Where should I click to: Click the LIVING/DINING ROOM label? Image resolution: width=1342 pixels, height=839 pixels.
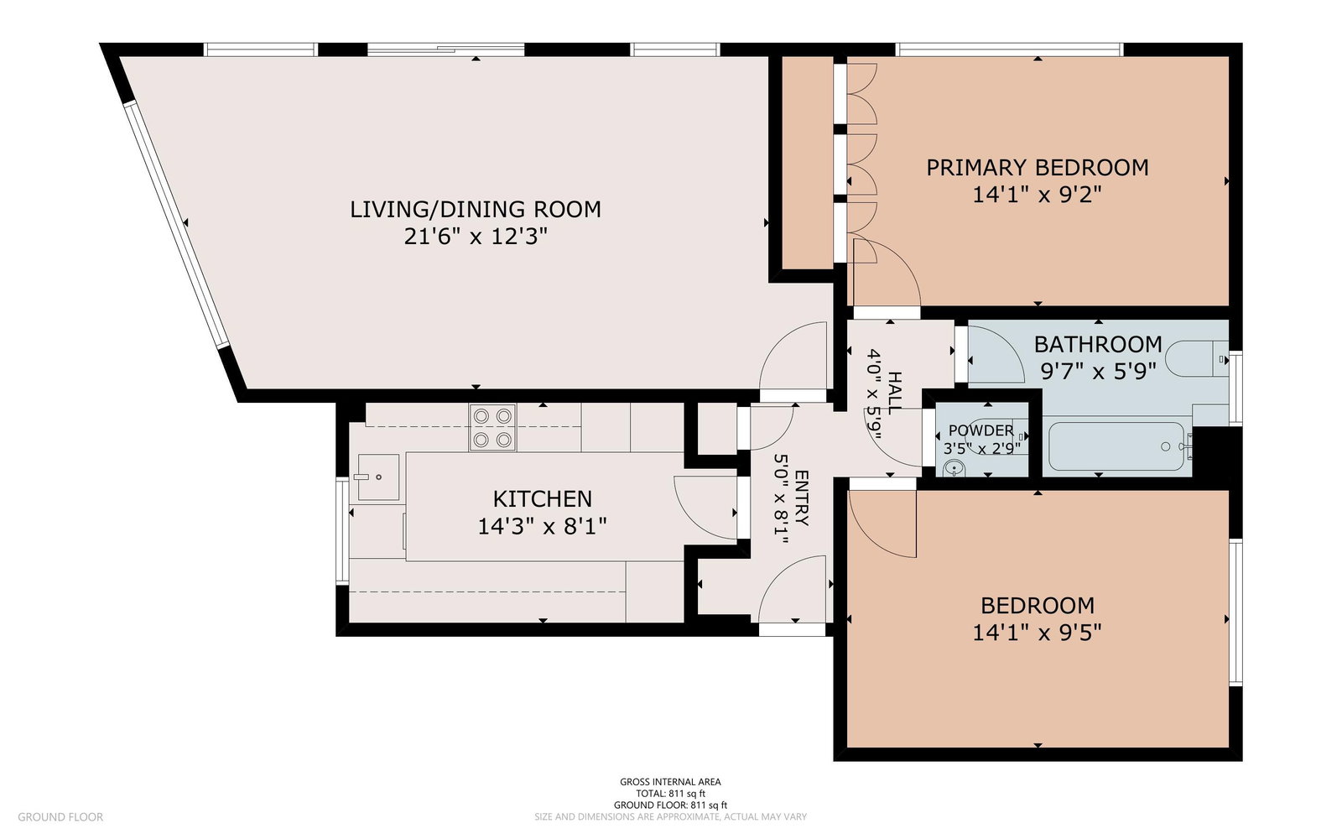point(475,210)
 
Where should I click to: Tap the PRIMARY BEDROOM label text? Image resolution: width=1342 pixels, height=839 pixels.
point(1038,168)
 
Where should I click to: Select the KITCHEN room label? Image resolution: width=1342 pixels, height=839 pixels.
point(542,499)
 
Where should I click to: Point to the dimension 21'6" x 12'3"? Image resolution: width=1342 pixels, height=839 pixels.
point(476,237)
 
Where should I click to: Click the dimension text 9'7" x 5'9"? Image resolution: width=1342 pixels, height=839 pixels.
point(1098,373)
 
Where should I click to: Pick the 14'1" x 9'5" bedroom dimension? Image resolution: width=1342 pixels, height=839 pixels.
point(1037,633)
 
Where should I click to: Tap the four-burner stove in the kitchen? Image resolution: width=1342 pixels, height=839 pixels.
point(492,427)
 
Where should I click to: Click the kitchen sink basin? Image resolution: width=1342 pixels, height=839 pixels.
point(378,477)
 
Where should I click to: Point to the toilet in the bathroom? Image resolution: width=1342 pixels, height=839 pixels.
point(1196,359)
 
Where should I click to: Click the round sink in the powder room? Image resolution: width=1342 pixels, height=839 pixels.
point(954,468)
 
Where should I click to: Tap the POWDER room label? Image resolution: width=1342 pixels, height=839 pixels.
point(980,430)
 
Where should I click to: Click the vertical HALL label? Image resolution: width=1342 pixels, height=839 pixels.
point(893,393)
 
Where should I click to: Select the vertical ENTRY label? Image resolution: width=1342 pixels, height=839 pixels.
point(801,498)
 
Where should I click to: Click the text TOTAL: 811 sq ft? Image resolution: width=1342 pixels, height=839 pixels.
point(670,794)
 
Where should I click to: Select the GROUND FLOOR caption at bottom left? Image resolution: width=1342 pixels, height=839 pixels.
point(60,817)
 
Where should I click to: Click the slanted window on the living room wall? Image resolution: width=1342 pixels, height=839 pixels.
point(177,224)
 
